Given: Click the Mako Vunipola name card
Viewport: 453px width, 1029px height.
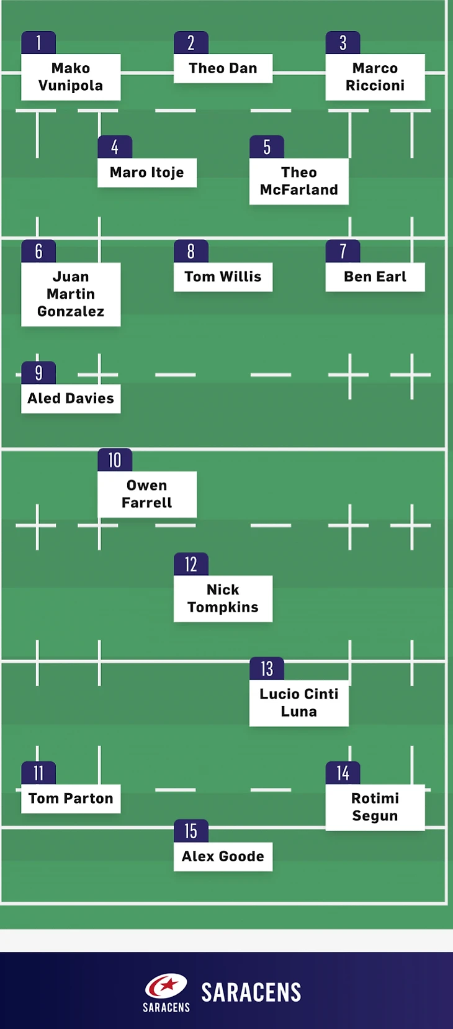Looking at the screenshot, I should point(71,77).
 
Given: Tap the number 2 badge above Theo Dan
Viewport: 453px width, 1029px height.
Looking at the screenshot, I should point(191,43).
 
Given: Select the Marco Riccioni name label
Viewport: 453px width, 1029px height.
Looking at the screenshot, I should point(375,77).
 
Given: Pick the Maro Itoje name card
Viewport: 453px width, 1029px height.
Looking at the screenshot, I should point(147,173).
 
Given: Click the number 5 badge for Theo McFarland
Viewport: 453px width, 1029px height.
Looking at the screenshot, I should point(267,147).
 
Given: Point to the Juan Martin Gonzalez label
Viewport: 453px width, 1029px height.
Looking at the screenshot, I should point(71,294).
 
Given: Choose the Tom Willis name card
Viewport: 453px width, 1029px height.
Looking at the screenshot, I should point(223,277).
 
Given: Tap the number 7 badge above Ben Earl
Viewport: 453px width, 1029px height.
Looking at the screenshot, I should point(343,252).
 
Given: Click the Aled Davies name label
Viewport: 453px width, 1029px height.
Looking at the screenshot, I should point(71,399).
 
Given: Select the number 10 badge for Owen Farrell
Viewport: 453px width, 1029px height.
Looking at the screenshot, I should point(115,460).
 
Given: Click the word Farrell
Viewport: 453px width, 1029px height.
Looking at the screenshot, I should point(147,503).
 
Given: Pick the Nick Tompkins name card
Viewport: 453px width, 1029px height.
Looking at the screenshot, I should point(223,599).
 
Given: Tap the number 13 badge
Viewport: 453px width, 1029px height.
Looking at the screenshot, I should point(267,669).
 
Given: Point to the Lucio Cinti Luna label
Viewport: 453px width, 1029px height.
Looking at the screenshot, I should point(298,703).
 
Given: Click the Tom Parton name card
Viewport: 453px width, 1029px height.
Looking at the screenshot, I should point(71,799).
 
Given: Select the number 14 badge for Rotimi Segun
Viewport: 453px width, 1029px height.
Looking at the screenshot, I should point(343,773).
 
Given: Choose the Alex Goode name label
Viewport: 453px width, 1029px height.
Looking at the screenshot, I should point(223,857).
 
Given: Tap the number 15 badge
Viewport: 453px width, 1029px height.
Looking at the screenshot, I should point(191,832).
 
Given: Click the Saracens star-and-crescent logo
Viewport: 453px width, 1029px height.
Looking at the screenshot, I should point(166,987).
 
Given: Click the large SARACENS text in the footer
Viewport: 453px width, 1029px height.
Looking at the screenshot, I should point(251,992).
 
